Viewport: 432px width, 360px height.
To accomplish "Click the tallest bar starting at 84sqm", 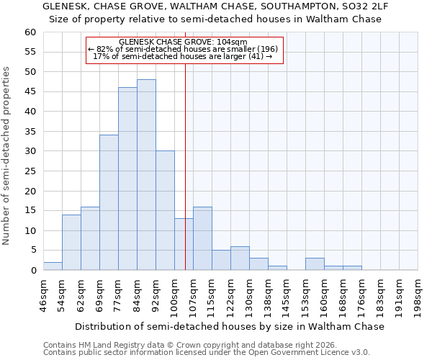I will pyautogui.click(x=146, y=175).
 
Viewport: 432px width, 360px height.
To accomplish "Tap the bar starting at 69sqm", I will pyautogui.click(x=109, y=202).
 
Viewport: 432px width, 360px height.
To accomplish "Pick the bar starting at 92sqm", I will pyautogui.click(x=165, y=210).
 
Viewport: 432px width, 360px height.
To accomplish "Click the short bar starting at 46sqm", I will pyautogui.click(x=53, y=266).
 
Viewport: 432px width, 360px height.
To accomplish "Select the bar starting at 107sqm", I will pyautogui.click(x=202, y=238).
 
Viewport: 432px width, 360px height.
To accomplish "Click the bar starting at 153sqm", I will pyautogui.click(x=315, y=264).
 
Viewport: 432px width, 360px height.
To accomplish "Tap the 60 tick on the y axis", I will pyautogui.click(x=30, y=32).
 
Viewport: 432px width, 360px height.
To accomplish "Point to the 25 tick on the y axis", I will pyautogui.click(x=30, y=171).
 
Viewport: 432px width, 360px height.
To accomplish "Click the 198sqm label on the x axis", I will pyautogui.click(x=418, y=295).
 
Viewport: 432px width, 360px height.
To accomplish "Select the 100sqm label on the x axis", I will pyautogui.click(x=175, y=295).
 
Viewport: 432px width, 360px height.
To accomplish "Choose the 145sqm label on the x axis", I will pyautogui.click(x=287, y=295).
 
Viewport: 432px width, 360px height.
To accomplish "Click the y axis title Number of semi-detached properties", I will pyautogui.click(x=7, y=156).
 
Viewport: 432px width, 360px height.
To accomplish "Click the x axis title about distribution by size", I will pyautogui.click(x=230, y=326).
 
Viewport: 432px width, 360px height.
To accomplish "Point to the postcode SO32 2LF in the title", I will pyautogui.click(x=361, y=6).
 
